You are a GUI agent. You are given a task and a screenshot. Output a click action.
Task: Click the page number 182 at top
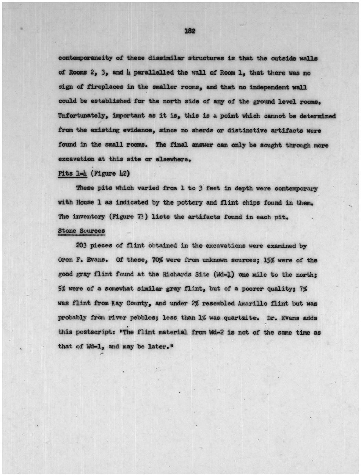190,31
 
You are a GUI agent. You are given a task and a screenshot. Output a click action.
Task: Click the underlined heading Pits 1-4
72,173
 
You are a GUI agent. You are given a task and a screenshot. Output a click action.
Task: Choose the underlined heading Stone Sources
81,231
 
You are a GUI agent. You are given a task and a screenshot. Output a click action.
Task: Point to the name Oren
65,260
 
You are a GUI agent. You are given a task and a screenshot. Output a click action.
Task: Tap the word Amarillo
253,304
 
